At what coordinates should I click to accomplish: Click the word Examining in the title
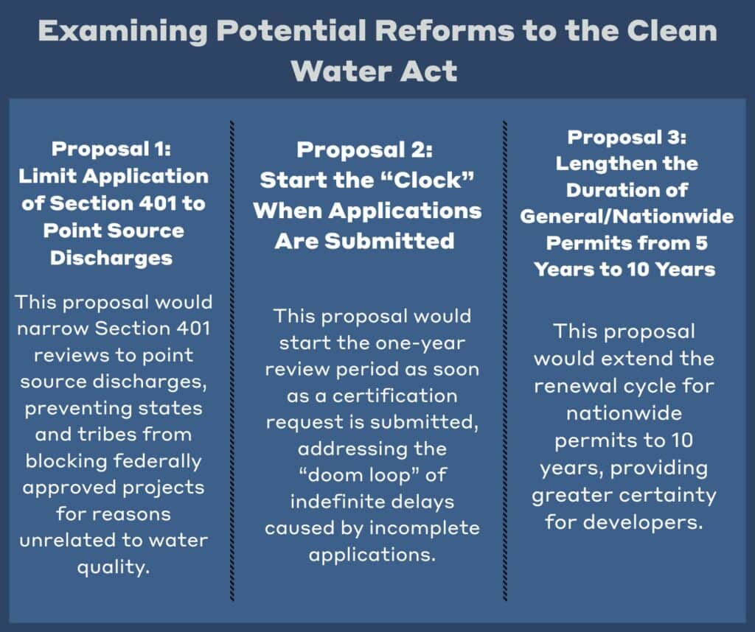(123, 32)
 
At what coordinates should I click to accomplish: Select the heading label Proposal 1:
(111, 149)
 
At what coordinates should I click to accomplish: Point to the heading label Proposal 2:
(364, 150)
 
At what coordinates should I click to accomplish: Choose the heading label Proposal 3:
(627, 138)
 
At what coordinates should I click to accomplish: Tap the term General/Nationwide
(627, 217)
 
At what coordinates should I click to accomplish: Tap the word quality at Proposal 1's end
(113, 568)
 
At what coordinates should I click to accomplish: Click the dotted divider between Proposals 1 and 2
(232, 361)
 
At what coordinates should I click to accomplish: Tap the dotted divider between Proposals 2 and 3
(504, 361)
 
